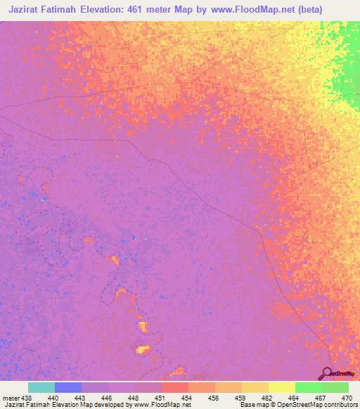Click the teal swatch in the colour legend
41,387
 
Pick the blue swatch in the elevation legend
68,387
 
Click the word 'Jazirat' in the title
28,10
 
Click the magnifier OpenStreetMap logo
327,373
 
